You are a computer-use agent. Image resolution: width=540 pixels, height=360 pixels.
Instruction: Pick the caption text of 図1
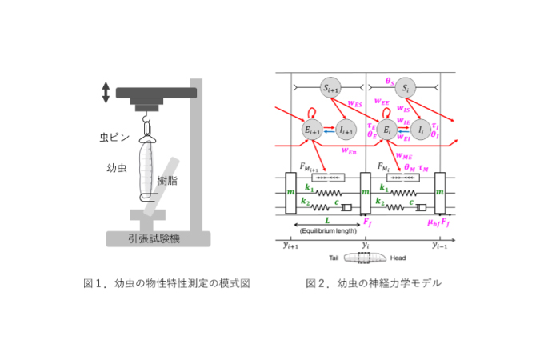(161, 283)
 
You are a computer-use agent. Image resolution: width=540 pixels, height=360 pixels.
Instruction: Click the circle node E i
(387, 130)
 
